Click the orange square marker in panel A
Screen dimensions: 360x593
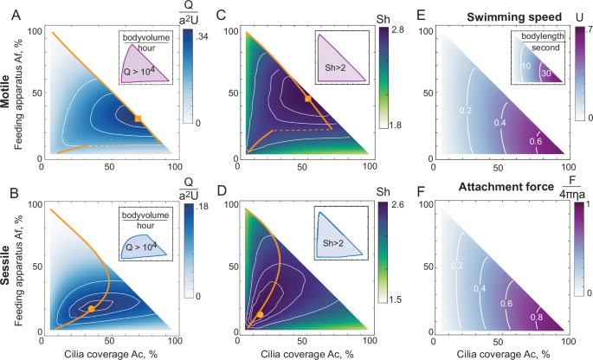(138, 118)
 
